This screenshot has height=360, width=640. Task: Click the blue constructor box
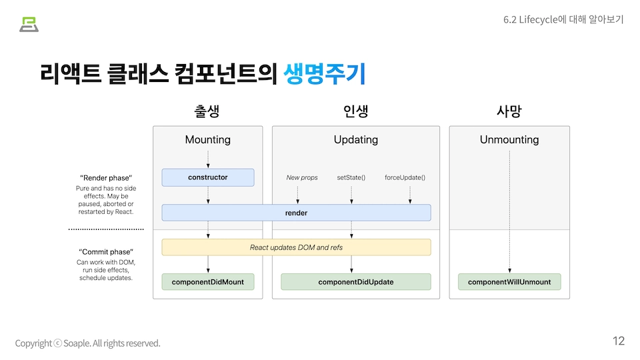(208, 177)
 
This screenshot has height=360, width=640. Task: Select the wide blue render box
(296, 213)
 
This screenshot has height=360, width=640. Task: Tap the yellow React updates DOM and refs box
(296, 247)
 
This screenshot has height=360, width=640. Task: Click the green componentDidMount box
(208, 282)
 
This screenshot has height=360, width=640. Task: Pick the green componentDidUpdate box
(355, 282)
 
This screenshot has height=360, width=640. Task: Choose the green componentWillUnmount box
(509, 282)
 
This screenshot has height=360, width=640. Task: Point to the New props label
(302, 178)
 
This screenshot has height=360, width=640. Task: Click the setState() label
(351, 178)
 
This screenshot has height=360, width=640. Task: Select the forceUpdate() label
(405, 178)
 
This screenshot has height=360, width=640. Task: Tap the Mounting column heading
(208, 140)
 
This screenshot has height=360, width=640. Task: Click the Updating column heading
(355, 140)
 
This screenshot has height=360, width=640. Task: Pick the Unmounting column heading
(509, 140)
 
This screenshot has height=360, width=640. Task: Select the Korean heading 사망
(509, 111)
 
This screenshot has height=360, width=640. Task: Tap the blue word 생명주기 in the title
(325, 73)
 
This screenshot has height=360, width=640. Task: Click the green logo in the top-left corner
(29, 24)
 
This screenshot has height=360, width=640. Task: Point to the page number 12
(618, 341)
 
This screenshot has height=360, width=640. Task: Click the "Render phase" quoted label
(106, 178)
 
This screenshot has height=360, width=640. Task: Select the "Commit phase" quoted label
(106, 252)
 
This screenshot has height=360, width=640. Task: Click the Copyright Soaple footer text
(88, 343)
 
